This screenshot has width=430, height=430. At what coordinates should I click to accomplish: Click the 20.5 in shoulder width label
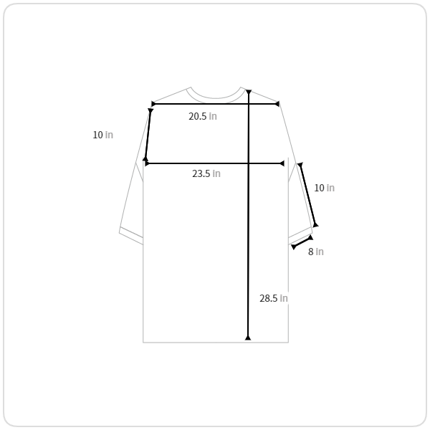coord(203,116)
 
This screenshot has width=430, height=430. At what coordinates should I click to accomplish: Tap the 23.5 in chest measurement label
coord(206,173)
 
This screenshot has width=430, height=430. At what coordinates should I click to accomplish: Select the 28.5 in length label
coord(274,298)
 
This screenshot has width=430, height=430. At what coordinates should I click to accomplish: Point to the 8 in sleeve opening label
coord(316,252)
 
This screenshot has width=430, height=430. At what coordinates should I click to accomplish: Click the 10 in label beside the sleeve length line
coord(324,188)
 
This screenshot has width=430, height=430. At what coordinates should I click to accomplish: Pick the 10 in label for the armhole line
coord(102,135)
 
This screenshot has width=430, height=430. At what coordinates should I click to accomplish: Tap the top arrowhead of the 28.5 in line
coord(249,92)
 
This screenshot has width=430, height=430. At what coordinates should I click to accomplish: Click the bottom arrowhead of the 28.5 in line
coord(248,338)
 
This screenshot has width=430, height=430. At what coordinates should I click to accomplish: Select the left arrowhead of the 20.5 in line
coord(153,104)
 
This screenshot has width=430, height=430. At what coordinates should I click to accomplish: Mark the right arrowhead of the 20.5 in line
coord(277,104)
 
